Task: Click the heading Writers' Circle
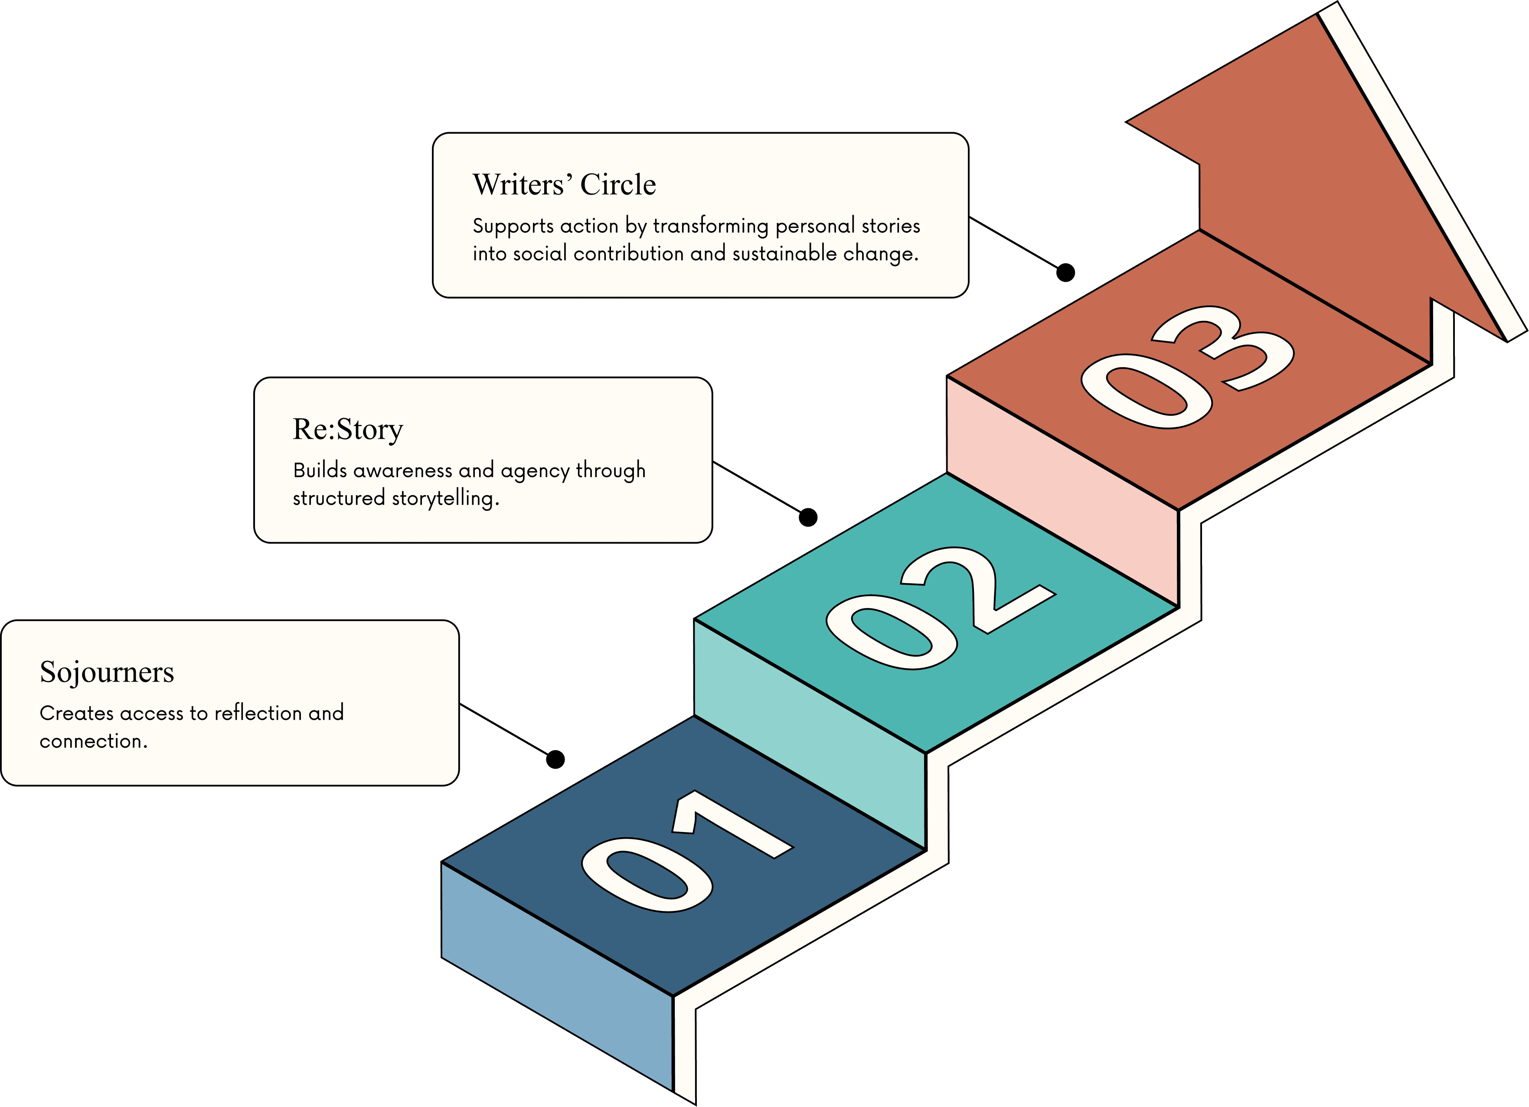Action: click(564, 185)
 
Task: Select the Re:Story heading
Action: click(348, 429)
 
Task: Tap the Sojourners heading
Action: click(107, 672)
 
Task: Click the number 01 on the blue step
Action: click(684, 853)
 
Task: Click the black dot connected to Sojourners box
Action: click(555, 759)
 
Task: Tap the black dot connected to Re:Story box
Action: click(807, 517)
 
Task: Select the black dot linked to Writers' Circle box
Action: click(1065, 272)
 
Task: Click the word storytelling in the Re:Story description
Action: click(445, 498)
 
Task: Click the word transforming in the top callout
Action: click(711, 226)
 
